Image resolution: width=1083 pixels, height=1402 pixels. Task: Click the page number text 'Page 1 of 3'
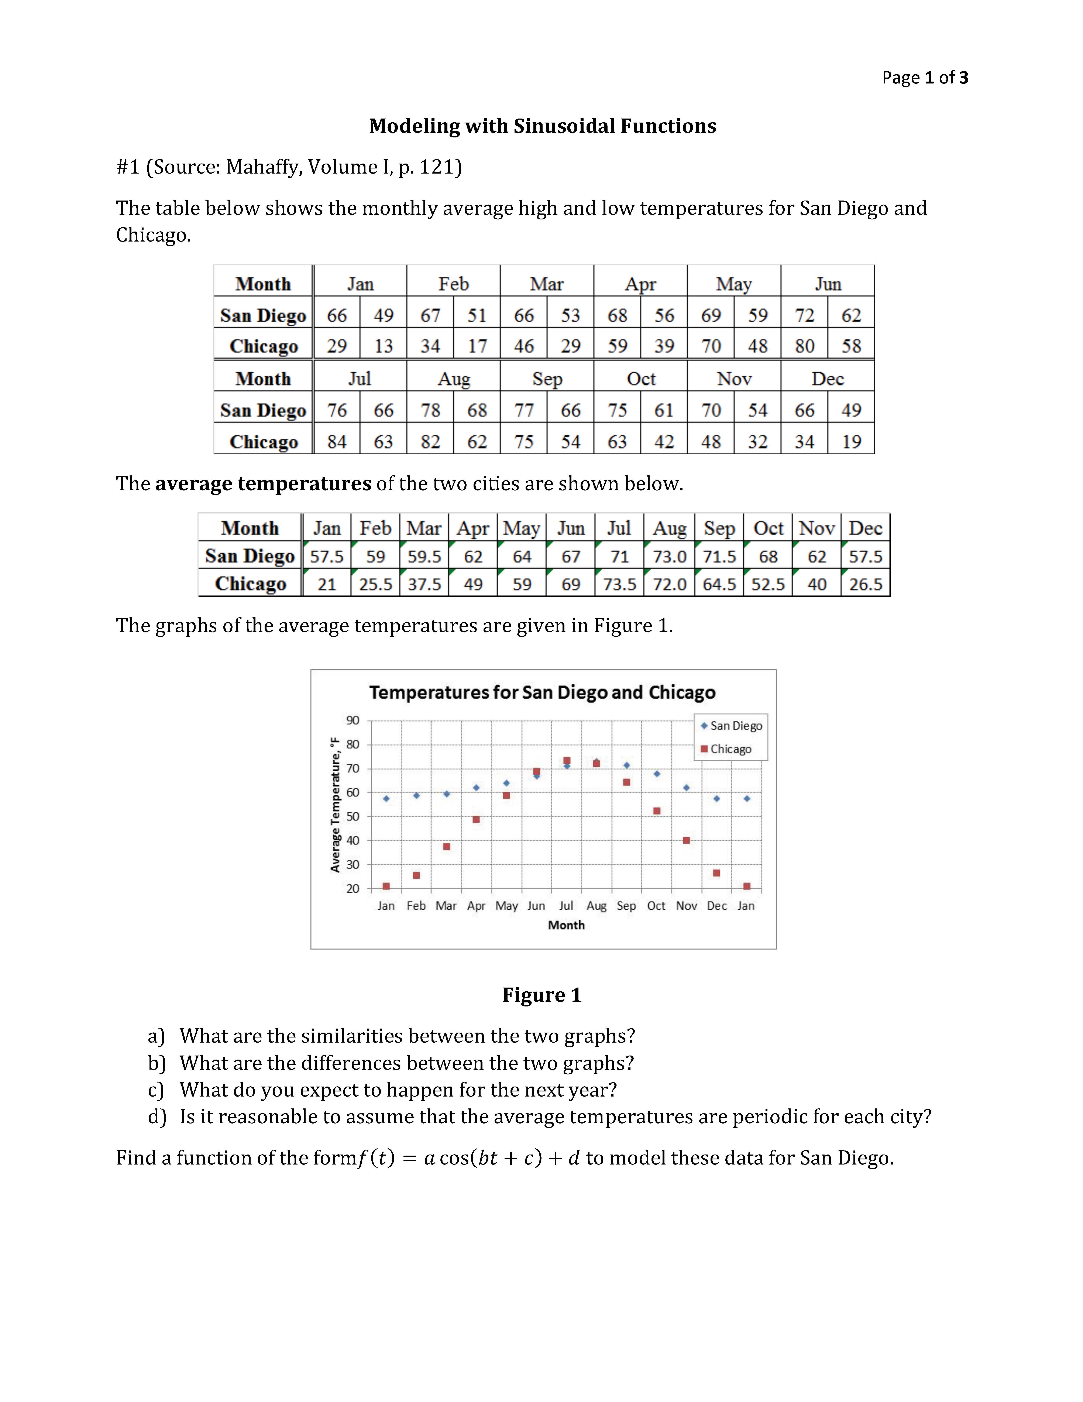click(x=925, y=78)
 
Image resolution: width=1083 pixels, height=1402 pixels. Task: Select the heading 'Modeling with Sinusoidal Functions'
click(x=542, y=126)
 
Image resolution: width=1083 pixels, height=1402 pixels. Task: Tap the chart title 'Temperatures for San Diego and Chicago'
click(x=542, y=693)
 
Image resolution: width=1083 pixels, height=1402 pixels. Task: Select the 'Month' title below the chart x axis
click(x=566, y=925)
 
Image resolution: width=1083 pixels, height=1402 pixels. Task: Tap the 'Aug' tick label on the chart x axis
click(x=596, y=906)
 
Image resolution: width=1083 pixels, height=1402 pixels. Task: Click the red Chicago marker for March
click(x=447, y=847)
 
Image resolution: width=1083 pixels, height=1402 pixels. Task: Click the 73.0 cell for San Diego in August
click(x=669, y=557)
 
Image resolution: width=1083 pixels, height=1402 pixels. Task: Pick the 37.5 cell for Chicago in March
click(x=424, y=584)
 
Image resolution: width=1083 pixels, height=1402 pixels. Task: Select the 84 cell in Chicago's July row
click(x=337, y=442)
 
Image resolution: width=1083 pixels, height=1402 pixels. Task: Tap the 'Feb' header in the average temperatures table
click(x=375, y=528)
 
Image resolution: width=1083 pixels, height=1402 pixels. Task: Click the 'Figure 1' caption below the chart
click(x=541, y=995)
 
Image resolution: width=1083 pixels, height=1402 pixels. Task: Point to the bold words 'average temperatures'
click(x=263, y=483)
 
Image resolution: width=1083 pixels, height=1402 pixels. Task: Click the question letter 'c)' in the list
click(x=156, y=1090)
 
